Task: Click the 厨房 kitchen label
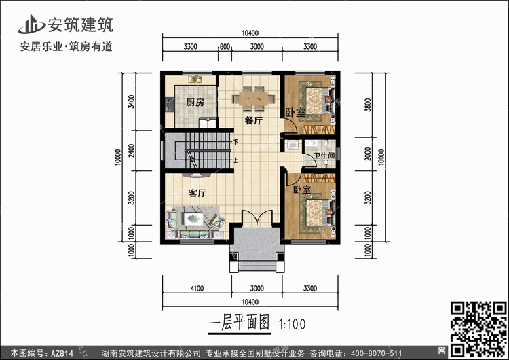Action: tap(195, 103)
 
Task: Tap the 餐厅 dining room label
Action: tap(254, 120)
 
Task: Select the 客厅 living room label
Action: tap(197, 193)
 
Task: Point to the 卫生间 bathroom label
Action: tap(324, 156)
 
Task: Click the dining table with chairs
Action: tap(254, 98)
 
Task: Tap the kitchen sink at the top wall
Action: tap(195, 79)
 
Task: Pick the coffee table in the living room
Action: tap(193, 219)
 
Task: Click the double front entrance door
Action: tap(257, 217)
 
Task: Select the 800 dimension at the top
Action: tap(225, 46)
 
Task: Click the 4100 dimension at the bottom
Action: tap(197, 288)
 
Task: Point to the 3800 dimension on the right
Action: tap(367, 105)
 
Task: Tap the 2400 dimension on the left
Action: tap(131, 150)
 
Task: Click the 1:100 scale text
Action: tap(292, 324)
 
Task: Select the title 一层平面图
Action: tap(240, 323)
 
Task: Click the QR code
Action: tap(478, 329)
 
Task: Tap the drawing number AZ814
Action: tap(62, 353)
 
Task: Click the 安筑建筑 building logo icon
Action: tap(31, 24)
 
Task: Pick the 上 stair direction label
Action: tap(235, 160)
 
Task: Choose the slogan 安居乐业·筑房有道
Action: tap(67, 47)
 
